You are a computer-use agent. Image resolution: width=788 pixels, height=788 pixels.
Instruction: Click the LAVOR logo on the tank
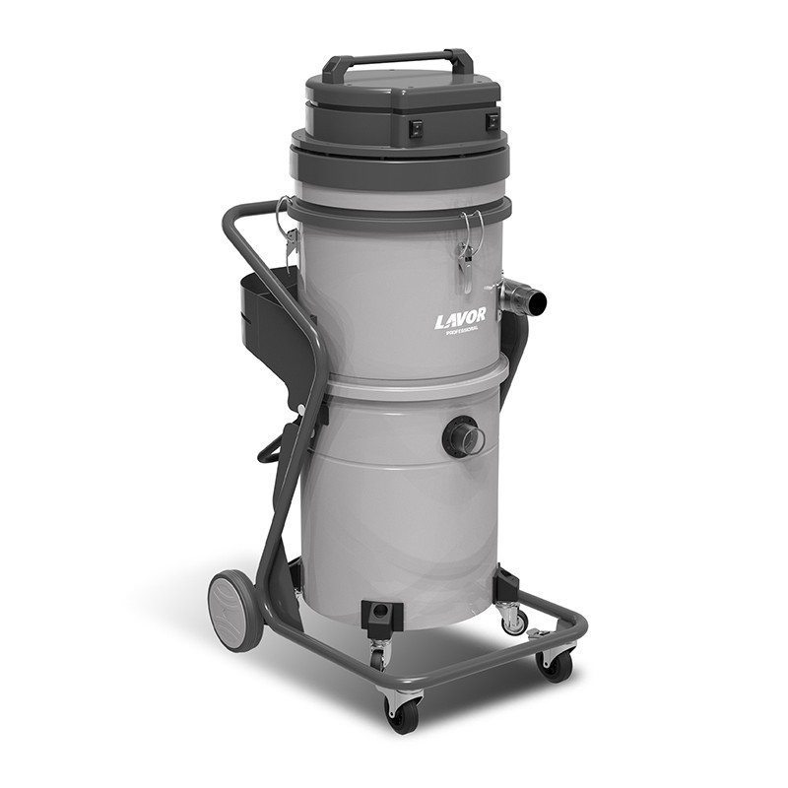tap(460, 317)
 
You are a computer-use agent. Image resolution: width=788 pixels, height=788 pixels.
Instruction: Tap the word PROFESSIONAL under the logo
tap(462, 330)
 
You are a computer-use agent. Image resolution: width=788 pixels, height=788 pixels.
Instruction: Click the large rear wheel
tap(236, 615)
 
